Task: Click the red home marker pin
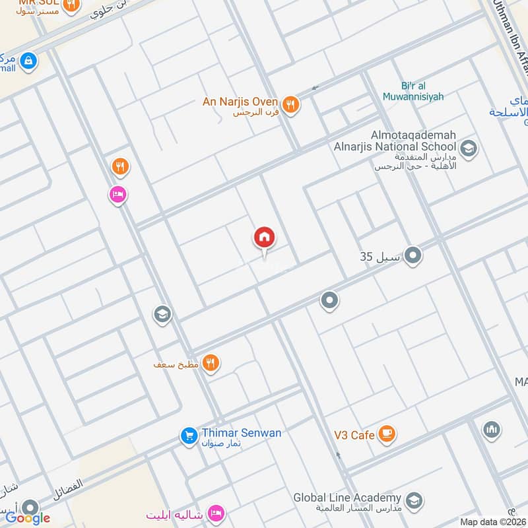264,238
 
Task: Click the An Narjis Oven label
241,102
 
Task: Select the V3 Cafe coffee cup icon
387,434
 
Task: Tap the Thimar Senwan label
241,433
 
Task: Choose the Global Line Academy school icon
414,500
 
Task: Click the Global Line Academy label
348,498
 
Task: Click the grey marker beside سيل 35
413,255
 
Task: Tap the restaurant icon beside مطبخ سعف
211,362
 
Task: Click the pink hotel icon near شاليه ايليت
216,513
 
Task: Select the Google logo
28,518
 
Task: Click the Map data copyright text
493,522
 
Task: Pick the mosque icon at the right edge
490,430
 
